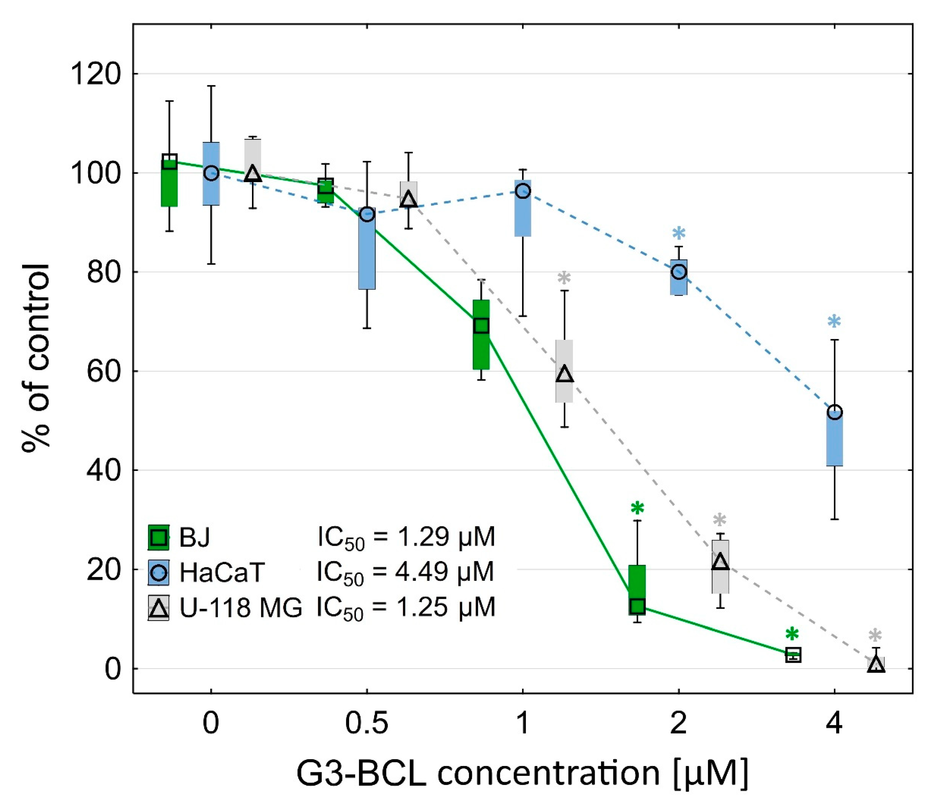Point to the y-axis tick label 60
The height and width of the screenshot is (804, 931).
[x=103, y=371]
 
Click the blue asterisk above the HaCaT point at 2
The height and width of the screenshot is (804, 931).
[x=679, y=234]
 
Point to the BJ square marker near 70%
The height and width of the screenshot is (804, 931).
[x=481, y=326]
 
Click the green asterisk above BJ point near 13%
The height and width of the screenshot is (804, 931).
[x=637, y=508]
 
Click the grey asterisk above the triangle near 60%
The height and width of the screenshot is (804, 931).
[x=564, y=278]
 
